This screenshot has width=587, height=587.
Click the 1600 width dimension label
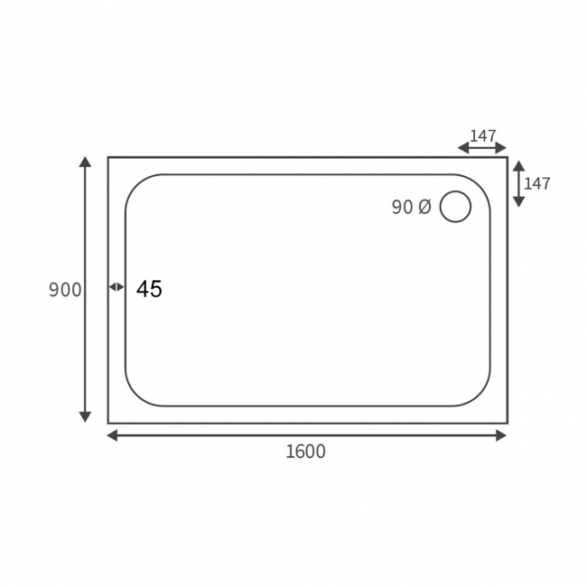305,452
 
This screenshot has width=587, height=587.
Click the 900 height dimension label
65,290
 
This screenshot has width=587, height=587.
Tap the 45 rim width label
149,289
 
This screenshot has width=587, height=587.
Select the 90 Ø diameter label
412,207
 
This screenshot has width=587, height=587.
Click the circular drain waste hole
455,207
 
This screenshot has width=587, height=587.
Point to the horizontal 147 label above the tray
483,136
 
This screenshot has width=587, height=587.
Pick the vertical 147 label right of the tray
536,183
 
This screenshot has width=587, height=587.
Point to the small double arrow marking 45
116,287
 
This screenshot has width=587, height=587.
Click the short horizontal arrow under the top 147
482,148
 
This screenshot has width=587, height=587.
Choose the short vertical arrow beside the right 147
518,183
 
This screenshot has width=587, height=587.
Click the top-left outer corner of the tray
108,157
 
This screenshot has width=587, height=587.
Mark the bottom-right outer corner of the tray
507,423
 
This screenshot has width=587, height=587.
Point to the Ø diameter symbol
425,207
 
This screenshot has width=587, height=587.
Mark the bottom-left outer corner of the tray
108,423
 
